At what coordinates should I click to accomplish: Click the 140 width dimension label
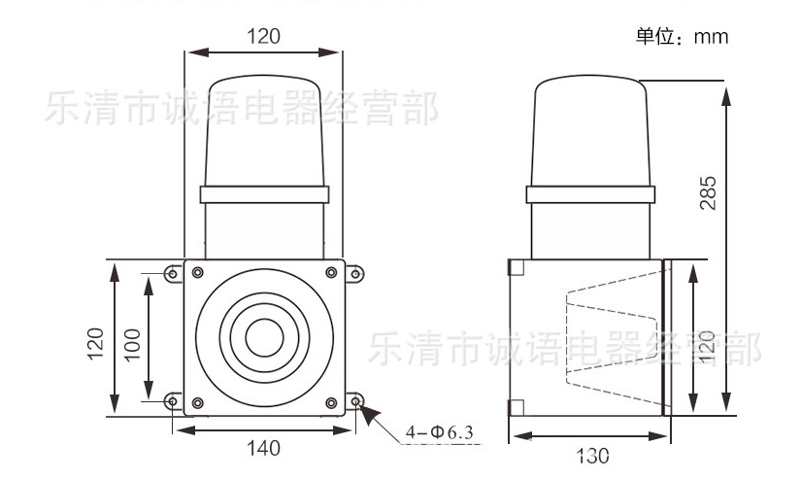[x=263, y=448]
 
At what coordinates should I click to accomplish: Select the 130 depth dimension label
[x=592, y=456]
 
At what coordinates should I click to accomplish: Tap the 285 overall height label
[x=708, y=192]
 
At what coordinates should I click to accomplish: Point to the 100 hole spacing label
[x=132, y=345]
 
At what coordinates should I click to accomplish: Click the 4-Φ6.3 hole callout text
[x=439, y=432]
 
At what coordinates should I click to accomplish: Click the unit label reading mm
[x=711, y=37]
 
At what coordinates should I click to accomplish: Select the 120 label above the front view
[x=263, y=36]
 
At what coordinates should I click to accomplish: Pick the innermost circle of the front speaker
[x=265, y=337]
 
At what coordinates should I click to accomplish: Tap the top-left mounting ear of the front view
[x=173, y=274]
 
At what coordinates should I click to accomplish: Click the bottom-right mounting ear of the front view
[x=355, y=401]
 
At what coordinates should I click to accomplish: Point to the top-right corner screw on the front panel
[x=331, y=272]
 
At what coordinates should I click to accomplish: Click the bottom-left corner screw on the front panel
[x=198, y=403]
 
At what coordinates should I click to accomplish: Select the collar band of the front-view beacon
[x=265, y=194]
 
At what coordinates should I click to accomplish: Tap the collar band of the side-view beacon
[x=590, y=194]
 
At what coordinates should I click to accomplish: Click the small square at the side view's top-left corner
[x=517, y=267]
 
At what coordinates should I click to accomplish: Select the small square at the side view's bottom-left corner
[x=517, y=407]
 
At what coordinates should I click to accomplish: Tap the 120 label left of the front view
[x=95, y=345]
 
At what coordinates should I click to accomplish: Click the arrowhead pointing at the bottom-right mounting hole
[x=370, y=415]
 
